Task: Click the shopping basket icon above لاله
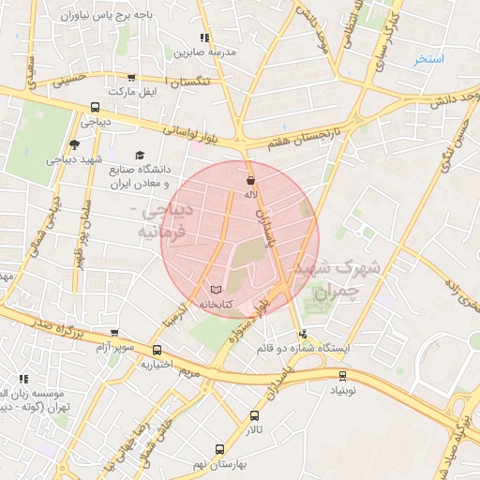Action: pos(250,180)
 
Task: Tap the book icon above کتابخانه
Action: pos(217,290)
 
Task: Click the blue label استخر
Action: pos(430,58)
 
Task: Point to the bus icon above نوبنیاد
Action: pos(342,375)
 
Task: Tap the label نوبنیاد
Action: pos(342,389)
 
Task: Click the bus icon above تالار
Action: pos(255,415)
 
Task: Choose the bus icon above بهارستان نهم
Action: pos(220,449)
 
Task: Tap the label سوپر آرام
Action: pos(114,347)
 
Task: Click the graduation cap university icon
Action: pos(140,156)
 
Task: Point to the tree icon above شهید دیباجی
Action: pos(75,144)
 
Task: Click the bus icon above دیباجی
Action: pos(95,107)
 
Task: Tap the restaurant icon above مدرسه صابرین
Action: pos(205,37)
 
